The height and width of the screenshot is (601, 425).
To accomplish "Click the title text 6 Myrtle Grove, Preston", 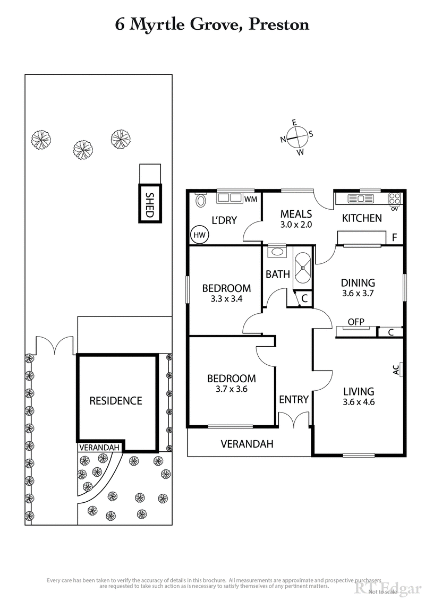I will click(x=212, y=24).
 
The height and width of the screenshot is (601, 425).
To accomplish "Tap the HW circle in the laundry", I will click(x=199, y=234).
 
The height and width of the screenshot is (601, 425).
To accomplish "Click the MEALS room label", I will click(x=296, y=214).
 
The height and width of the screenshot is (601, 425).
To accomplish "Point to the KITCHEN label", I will click(x=361, y=218).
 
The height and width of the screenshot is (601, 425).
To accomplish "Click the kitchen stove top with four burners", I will click(x=395, y=199).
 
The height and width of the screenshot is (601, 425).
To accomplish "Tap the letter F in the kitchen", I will click(x=394, y=237).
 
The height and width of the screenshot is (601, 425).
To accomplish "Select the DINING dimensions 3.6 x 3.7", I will click(x=358, y=293).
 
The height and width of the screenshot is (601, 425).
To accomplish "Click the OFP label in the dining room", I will click(x=355, y=322).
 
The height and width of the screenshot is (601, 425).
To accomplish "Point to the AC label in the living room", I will click(x=395, y=370).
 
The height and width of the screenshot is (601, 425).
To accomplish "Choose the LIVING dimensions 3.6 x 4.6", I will click(x=359, y=402).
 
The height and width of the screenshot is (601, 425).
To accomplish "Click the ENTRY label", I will click(x=294, y=399).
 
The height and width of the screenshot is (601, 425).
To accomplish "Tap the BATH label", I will click(x=277, y=274).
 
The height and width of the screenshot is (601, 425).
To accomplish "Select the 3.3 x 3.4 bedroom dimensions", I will click(x=226, y=298).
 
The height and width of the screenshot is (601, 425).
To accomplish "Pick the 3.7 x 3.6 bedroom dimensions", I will click(x=231, y=389).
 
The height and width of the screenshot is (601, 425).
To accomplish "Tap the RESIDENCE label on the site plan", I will click(x=115, y=400).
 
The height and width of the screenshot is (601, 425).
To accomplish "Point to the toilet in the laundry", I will click(x=201, y=200).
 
